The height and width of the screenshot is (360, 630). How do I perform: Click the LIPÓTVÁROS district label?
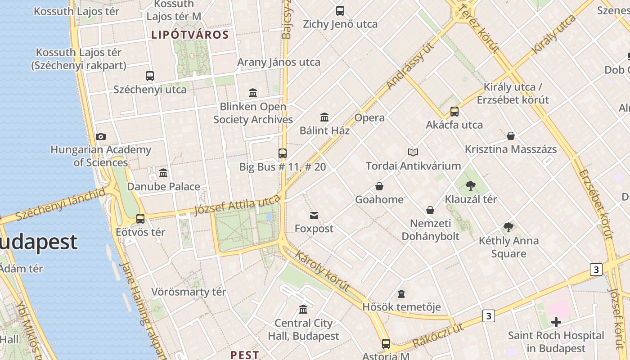click(190, 35)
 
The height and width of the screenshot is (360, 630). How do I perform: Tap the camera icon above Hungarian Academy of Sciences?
click(101, 136)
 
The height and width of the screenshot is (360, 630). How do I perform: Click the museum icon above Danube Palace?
click(163, 173)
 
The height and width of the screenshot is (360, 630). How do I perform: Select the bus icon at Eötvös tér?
click(140, 219)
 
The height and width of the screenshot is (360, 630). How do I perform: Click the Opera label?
click(369, 118)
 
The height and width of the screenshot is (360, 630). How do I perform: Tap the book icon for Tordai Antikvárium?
click(413, 153)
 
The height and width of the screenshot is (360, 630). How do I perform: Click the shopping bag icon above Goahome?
click(379, 186)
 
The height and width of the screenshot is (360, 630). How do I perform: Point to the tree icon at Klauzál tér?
click(471, 185)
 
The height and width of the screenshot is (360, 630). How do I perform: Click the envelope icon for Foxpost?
click(314, 216)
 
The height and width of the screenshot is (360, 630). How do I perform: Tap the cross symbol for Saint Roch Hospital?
click(556, 322)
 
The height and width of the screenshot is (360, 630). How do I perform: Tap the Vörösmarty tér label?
click(189, 292)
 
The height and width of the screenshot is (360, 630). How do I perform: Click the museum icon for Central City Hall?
click(303, 310)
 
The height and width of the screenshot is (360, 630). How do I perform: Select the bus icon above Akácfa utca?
click(454, 112)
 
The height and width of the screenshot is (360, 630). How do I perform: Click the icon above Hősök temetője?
click(401, 294)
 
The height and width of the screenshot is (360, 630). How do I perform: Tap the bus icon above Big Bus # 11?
click(283, 153)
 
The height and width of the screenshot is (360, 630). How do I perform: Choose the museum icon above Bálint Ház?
click(324, 117)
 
